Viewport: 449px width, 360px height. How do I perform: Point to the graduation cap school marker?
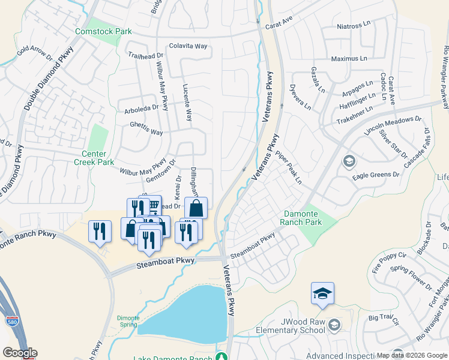pyautogui.click(x=322, y=294)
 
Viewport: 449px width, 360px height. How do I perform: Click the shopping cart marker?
pyautogui.click(x=153, y=205)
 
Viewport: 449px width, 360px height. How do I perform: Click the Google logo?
pyautogui.click(x=20, y=353)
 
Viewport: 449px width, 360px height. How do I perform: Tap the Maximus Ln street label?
pyautogui.click(x=349, y=59)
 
